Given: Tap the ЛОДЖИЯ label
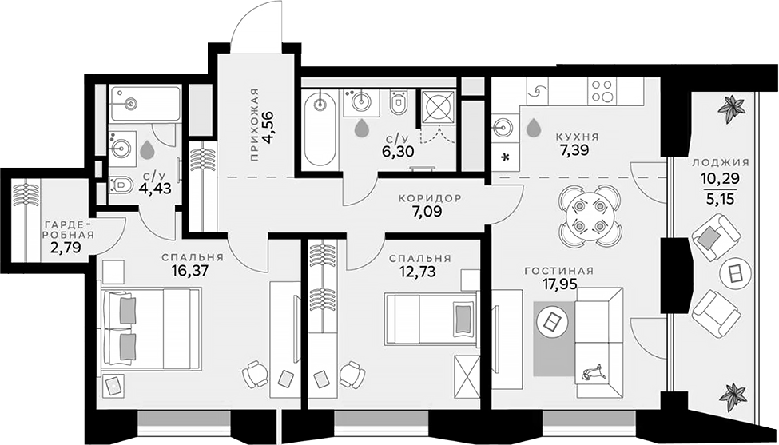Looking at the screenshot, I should (721, 161).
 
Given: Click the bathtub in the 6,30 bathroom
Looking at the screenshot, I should (320, 128).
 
